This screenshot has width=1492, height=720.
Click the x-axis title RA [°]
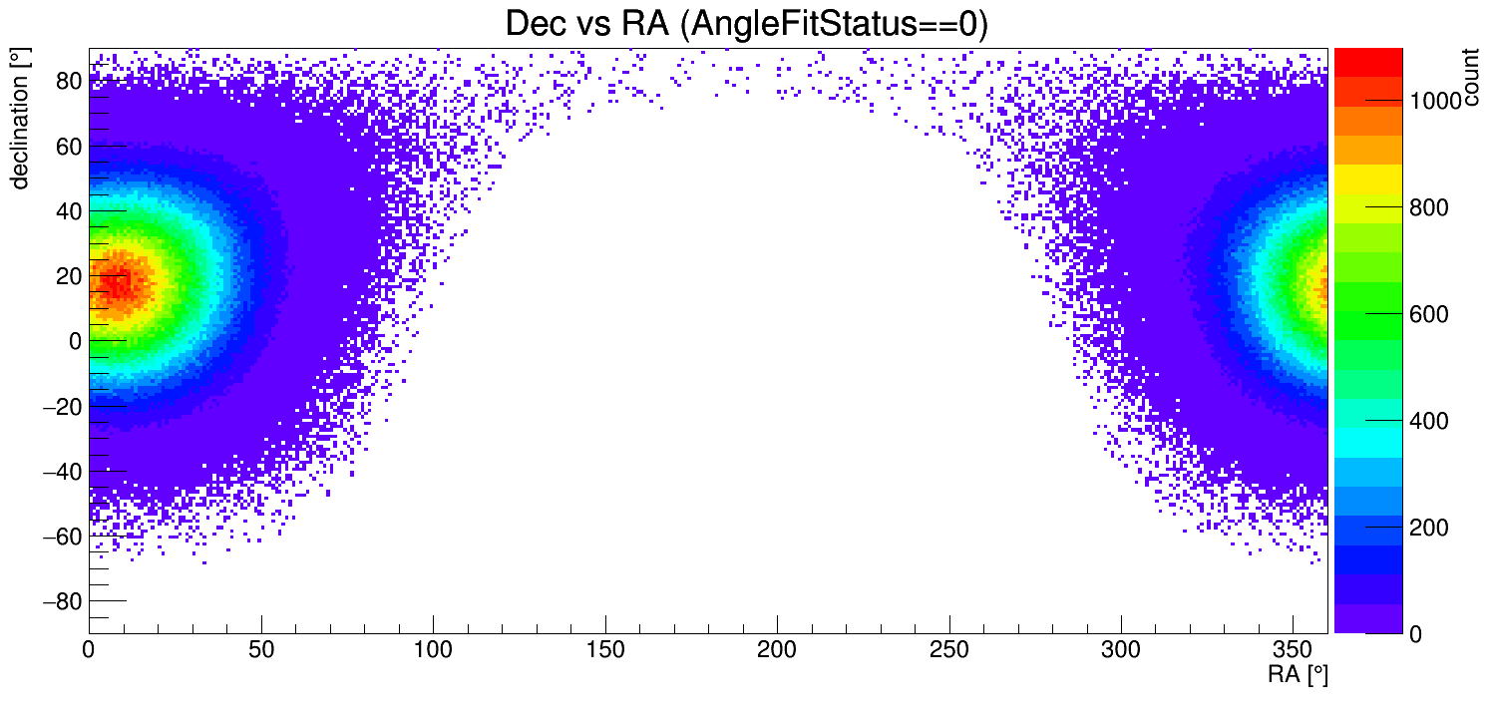coord(1298,675)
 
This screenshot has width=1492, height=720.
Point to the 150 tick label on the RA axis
coord(605,651)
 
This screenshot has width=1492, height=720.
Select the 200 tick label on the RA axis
coord(777,651)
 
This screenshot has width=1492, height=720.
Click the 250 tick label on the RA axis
coord(949,651)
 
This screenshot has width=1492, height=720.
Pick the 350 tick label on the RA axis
coord(1294,651)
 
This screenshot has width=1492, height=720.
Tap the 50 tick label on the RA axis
coord(261,651)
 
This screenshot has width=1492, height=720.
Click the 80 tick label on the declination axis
coord(68,81)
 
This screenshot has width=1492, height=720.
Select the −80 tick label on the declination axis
coord(62,601)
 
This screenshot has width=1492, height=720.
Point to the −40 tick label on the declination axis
coord(62,471)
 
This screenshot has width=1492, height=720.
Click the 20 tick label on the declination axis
coord(68,276)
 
